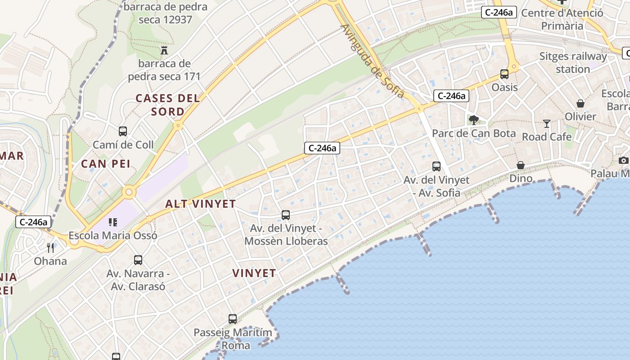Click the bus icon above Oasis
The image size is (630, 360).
[x=504, y=74]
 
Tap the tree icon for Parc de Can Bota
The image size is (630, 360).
[x=473, y=120]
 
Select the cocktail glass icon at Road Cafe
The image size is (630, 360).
[x=547, y=123]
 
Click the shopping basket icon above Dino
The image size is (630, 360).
[x=521, y=165]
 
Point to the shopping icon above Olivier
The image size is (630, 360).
[x=580, y=103]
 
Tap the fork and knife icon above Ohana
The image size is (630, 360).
[x=50, y=247]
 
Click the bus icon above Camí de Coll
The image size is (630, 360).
[x=123, y=131]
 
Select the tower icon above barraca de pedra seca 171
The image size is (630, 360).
[x=164, y=50]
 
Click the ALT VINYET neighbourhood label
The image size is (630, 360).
[x=201, y=204]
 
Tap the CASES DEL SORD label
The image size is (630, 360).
[x=168, y=104]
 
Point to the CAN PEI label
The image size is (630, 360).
[x=106, y=164]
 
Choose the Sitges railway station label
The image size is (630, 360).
[x=573, y=63]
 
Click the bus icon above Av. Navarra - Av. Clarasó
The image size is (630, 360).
[x=138, y=260]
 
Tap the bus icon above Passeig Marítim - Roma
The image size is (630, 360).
[x=233, y=319]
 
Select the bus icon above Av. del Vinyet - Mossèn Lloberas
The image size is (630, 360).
[x=286, y=215]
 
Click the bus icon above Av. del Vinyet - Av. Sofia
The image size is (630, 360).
[x=436, y=166]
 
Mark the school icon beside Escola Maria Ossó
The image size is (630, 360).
[x=112, y=222]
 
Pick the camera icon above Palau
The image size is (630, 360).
[x=623, y=160]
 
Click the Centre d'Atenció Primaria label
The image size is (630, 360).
[x=562, y=19]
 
